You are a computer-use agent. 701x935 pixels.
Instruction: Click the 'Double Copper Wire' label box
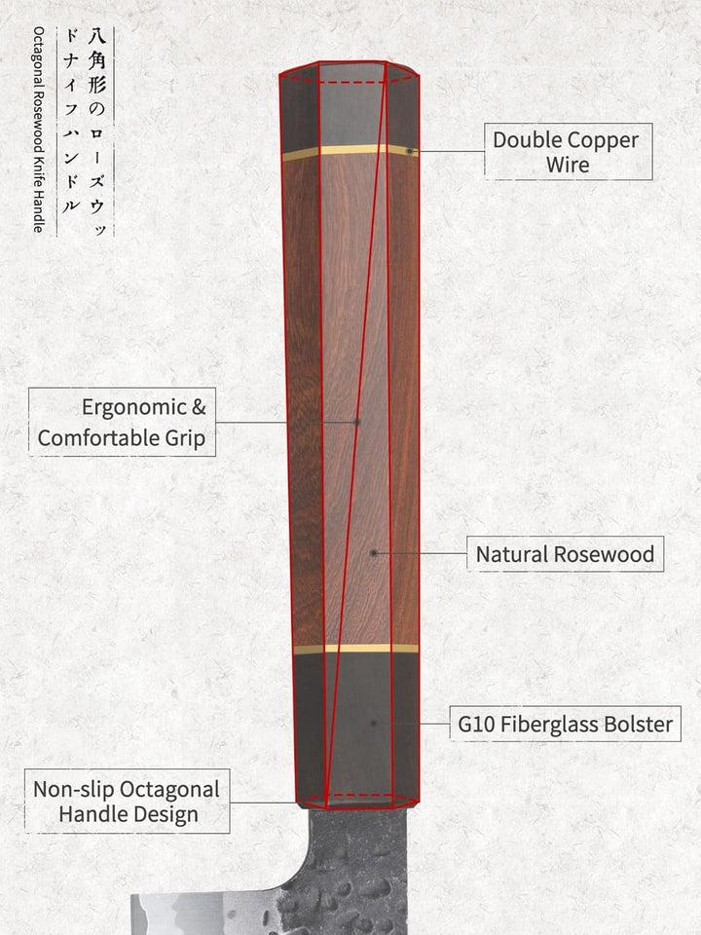(x=568, y=152)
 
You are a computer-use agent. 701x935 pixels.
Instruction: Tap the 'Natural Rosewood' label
(x=565, y=554)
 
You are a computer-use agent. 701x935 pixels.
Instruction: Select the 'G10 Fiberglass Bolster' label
(x=565, y=724)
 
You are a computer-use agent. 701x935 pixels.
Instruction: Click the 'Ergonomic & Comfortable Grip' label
(x=123, y=422)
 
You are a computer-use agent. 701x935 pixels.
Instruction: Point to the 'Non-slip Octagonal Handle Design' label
(x=127, y=802)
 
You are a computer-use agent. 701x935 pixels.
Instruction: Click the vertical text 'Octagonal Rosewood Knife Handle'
(x=39, y=130)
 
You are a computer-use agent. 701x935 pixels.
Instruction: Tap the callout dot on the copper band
(x=410, y=152)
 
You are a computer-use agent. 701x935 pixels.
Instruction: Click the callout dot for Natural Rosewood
(x=374, y=553)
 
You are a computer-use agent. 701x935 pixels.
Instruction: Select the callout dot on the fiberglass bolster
(x=374, y=724)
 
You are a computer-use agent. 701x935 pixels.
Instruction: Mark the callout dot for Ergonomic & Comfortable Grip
(x=356, y=422)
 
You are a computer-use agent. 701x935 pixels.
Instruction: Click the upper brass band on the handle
(x=350, y=152)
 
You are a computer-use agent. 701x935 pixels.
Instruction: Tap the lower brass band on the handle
(x=356, y=649)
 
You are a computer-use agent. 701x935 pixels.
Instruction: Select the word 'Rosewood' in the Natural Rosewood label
(x=604, y=554)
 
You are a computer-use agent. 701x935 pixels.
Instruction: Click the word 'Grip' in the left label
(x=185, y=439)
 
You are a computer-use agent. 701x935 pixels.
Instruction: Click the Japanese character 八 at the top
(x=96, y=36)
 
